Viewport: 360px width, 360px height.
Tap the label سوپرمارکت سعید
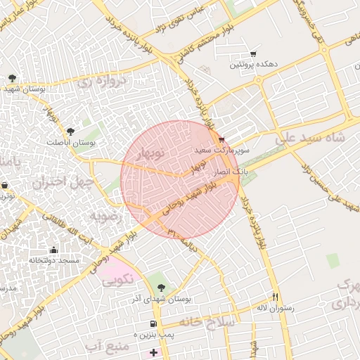click(x=214, y=150)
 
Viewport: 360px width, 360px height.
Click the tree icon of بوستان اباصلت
click(x=70, y=131)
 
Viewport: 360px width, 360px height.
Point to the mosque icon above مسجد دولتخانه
click(x=53, y=250)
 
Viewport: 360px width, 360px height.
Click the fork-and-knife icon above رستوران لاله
click(x=276, y=297)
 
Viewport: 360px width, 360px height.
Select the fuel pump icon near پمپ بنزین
click(x=152, y=323)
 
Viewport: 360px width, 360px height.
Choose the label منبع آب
click(x=107, y=347)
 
